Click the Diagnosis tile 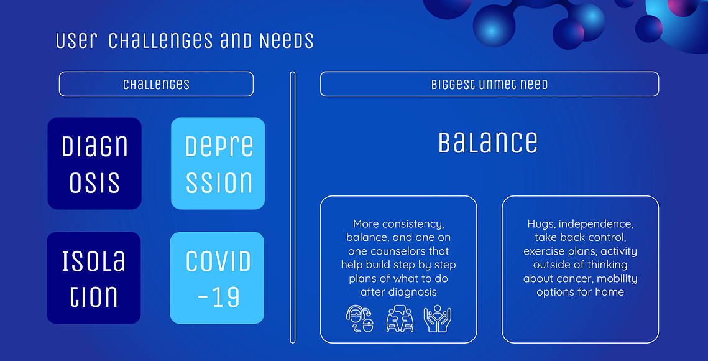(x=94, y=163)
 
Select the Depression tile (x=218, y=163)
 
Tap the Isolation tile (x=94, y=278)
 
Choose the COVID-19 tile (x=217, y=278)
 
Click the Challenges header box (x=156, y=84)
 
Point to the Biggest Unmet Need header (x=489, y=84)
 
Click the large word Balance (x=488, y=142)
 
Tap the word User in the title (x=76, y=40)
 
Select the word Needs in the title (x=287, y=40)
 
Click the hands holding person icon (x=438, y=319)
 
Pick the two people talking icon (x=400, y=319)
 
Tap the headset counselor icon (x=360, y=319)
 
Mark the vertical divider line (x=293, y=207)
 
